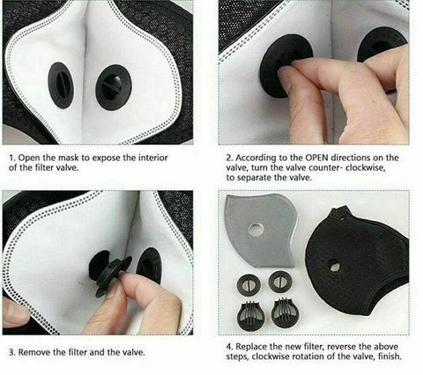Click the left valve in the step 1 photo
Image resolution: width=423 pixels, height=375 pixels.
point(61,85)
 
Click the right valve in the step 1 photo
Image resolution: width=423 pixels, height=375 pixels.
point(114,88)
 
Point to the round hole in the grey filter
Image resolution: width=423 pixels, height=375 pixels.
point(256,230)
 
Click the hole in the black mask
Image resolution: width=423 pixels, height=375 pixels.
point(334,266)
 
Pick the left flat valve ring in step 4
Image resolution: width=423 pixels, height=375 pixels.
point(249,283)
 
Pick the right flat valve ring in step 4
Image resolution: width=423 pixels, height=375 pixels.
point(279,282)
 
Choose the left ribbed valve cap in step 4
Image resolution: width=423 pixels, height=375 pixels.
point(250,314)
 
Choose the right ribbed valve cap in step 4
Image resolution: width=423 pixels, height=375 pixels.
point(283,312)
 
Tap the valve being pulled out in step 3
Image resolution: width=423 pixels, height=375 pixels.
point(109,271)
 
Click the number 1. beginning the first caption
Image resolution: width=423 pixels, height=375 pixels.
point(12,158)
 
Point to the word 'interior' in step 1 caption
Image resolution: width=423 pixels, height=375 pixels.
point(153,158)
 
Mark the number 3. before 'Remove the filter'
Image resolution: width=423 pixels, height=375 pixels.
point(12,352)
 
